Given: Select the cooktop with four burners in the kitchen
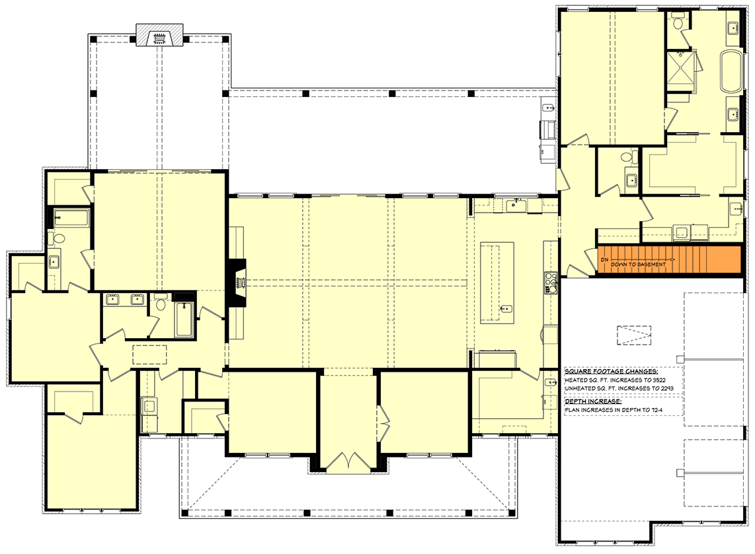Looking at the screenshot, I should pos(550,283).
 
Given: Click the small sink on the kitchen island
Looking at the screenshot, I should pos(505,308).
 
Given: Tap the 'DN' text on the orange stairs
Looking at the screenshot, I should pos(604,260).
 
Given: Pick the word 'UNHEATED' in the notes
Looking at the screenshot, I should pos(579,390).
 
